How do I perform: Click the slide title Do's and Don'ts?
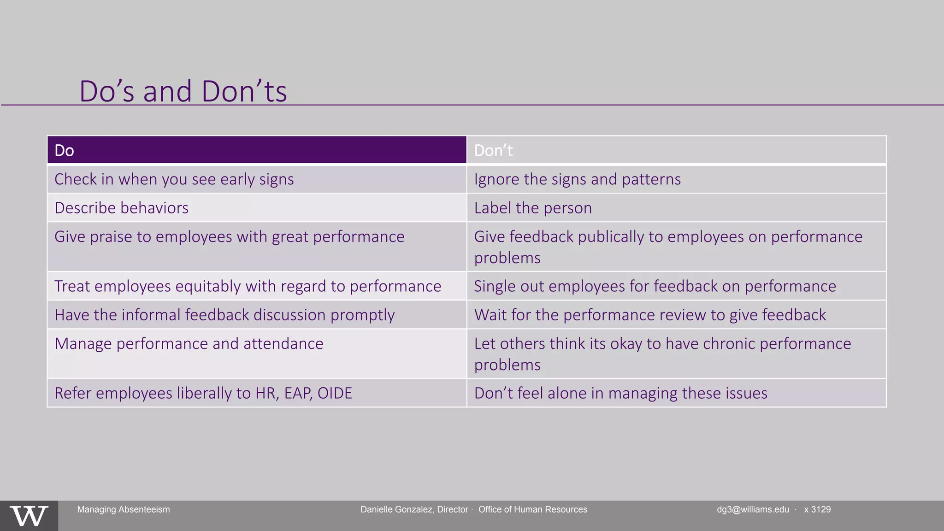[183, 91]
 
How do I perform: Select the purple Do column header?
[256, 150]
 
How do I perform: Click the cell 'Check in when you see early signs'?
[174, 179]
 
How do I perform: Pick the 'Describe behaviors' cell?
[121, 208]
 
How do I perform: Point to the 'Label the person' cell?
[532, 208]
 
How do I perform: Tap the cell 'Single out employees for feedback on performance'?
[655, 286]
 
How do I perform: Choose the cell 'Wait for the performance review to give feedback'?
[649, 315]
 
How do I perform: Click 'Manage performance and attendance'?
[189, 344]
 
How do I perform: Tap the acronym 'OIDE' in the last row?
[335, 393]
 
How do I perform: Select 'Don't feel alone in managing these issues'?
[620, 393]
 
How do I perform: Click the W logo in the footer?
[29, 516]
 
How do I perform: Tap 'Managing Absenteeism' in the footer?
[123, 509]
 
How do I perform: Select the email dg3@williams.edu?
[752, 509]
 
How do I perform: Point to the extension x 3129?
[817, 509]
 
